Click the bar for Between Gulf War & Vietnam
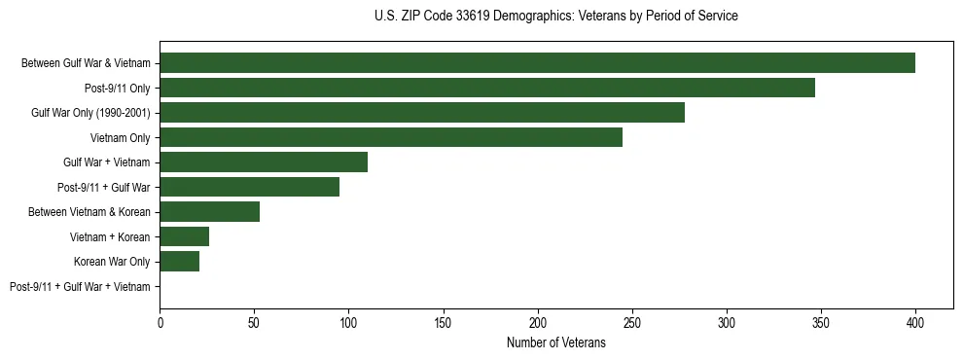click(537, 63)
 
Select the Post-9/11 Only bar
click(487, 88)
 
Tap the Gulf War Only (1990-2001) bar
click(422, 113)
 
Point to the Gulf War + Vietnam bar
click(264, 162)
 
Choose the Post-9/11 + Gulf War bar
click(250, 187)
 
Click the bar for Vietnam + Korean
click(185, 236)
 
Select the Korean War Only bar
click(180, 262)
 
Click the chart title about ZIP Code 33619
click(555, 17)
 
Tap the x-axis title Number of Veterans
click(555, 343)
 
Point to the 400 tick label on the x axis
click(915, 321)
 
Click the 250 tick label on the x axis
click(632, 321)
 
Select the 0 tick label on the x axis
click(160, 321)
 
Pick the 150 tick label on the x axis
click(444, 321)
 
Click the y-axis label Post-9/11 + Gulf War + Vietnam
click(80, 287)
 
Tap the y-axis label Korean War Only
click(112, 262)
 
